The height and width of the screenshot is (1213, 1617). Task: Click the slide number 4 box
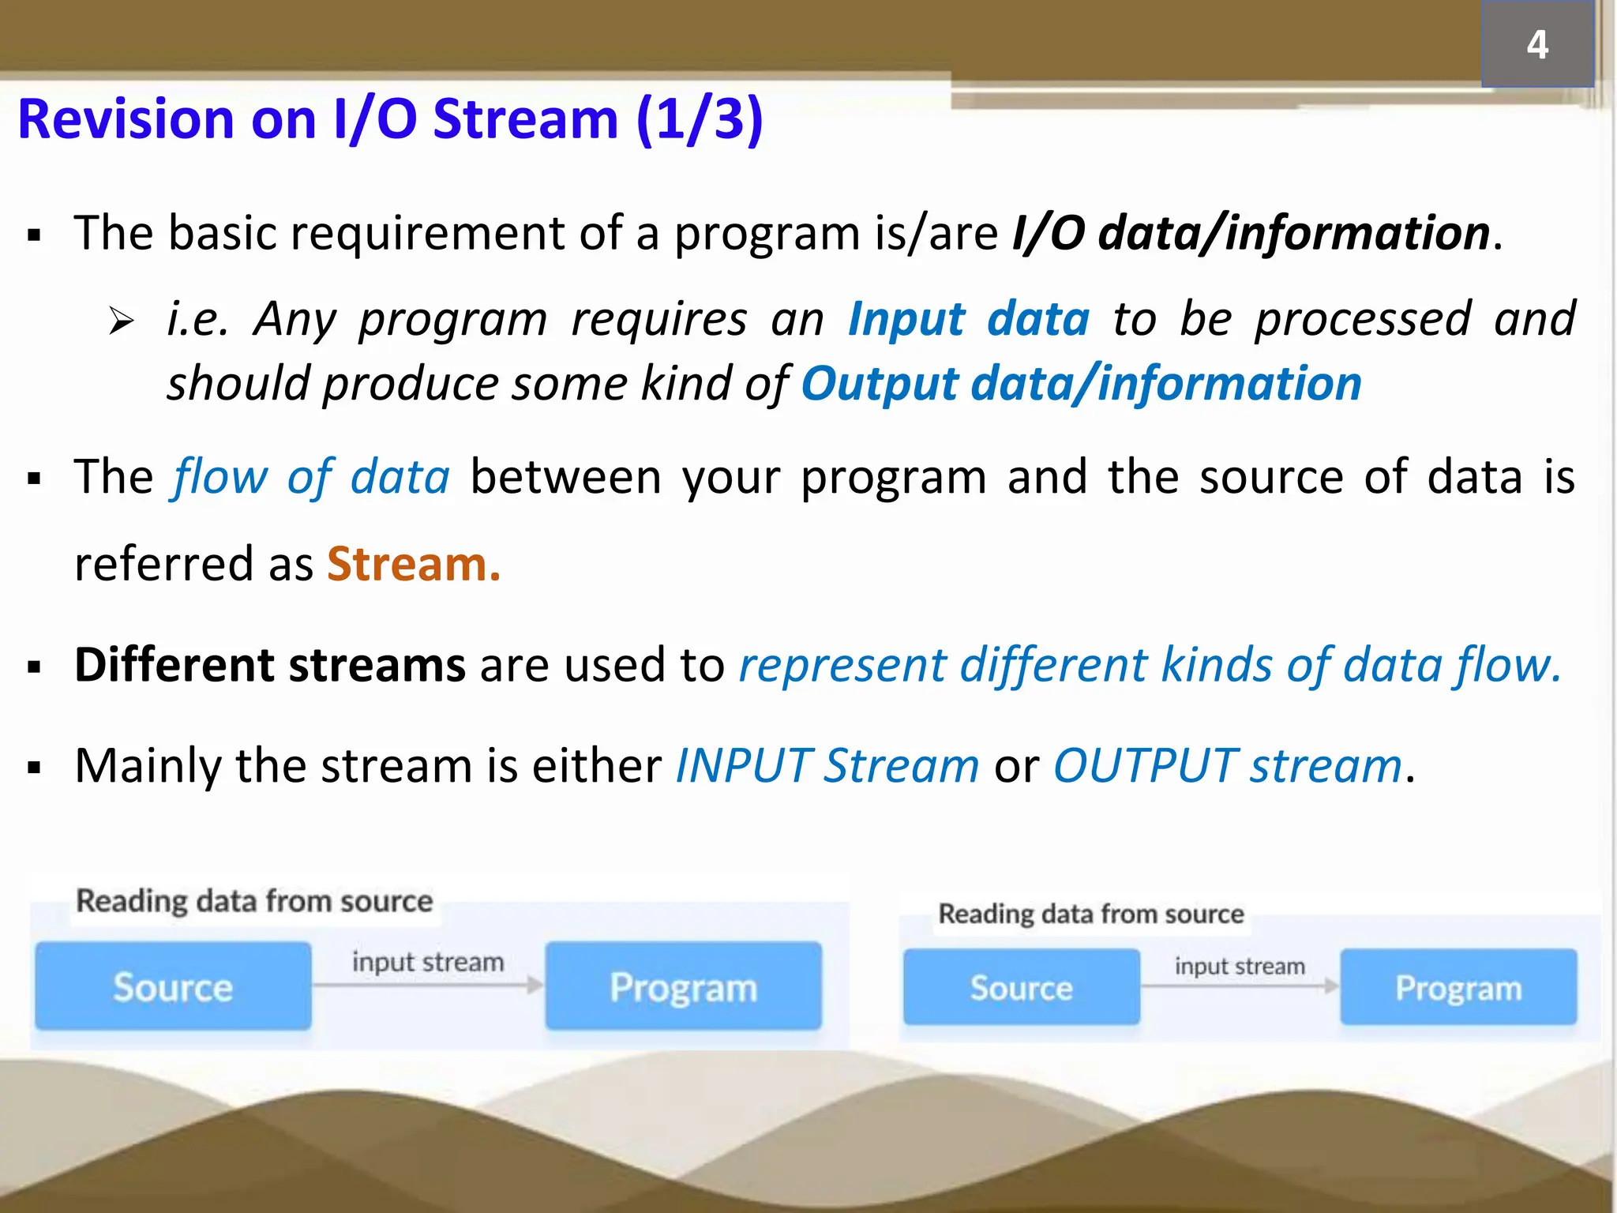pos(1536,44)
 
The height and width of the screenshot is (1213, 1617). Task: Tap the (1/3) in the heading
pos(699,120)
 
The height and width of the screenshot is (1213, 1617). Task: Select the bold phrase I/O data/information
pos(1251,234)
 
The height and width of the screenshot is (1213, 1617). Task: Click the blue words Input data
pos(969,320)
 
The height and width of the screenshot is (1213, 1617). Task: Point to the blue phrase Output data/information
pos(1082,385)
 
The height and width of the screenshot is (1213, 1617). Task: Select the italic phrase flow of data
pos(311,478)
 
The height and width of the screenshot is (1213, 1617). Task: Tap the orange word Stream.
pos(414,565)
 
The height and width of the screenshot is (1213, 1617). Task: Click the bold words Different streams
pos(269,665)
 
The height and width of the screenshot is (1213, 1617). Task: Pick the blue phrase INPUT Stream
pos(827,766)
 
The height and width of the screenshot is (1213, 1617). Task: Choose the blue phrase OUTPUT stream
pos(1228,766)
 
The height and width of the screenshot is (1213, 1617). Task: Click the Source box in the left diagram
pos(173,986)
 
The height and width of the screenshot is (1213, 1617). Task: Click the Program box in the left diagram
pos(683,986)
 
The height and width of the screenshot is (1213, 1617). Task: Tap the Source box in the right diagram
pos(1021,987)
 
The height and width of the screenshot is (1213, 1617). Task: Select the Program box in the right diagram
pos(1458,987)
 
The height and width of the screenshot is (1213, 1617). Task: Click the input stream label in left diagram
pos(427,962)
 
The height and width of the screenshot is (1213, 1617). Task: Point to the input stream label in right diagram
pos(1240,966)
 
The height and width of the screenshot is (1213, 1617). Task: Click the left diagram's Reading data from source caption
pos(254,901)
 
